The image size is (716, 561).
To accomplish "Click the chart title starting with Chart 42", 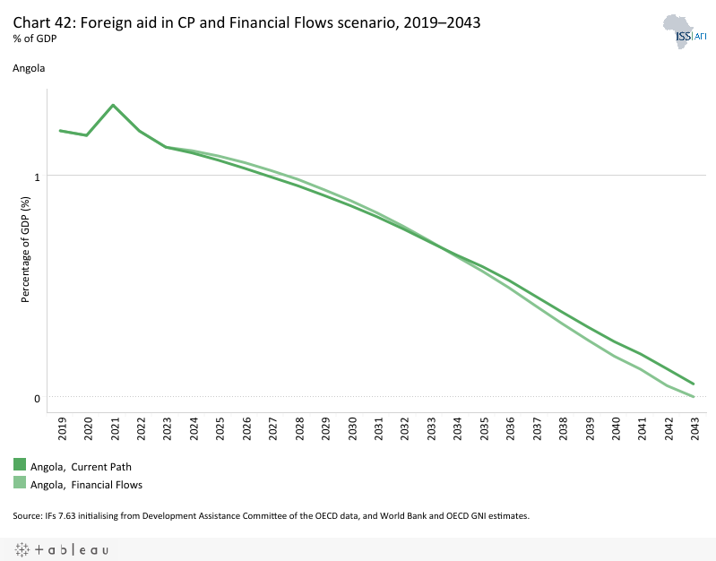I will coord(246,24).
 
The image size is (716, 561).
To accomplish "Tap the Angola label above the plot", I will coord(29,67).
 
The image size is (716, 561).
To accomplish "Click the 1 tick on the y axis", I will coord(37,177).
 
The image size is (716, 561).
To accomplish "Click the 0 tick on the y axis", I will coord(37,398).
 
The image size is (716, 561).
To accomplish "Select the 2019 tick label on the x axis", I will coord(61,429).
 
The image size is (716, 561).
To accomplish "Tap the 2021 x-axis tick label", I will coord(113,429).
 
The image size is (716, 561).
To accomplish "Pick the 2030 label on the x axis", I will coord(351,429).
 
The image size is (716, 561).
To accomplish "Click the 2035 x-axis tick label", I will coord(483,429).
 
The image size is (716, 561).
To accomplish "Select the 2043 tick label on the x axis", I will coord(694,429).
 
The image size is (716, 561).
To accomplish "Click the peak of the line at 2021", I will coord(113,105).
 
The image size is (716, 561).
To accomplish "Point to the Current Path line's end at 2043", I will coord(694,384).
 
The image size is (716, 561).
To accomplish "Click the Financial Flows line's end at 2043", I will coord(694,396).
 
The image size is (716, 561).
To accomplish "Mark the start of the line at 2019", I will coord(60,131).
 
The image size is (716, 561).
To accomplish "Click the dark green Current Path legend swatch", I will coord(20,464).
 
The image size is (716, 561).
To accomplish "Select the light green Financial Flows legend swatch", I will coord(20,483).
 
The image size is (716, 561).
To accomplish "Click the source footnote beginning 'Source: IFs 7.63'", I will coord(272,515).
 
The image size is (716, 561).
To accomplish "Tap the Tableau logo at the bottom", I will coord(61,549).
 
